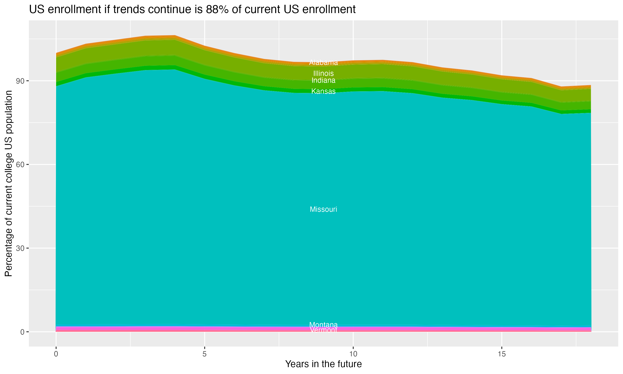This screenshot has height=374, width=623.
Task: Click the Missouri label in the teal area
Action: click(x=323, y=209)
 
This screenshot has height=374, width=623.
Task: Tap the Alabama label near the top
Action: click(x=323, y=63)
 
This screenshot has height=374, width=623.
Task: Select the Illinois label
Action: click(x=323, y=74)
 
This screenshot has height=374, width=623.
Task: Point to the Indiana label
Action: click(x=323, y=81)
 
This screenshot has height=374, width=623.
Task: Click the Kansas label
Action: click(x=323, y=91)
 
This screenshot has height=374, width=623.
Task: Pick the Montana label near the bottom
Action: click(x=323, y=325)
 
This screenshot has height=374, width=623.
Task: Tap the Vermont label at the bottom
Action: click(x=323, y=330)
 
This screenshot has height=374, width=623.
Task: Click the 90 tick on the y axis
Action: click(x=20, y=81)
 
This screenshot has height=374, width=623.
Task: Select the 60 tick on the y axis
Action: click(x=20, y=165)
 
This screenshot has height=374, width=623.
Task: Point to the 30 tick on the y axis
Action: click(x=20, y=249)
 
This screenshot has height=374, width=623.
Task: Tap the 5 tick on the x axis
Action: click(x=205, y=354)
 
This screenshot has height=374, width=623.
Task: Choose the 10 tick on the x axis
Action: click(x=353, y=354)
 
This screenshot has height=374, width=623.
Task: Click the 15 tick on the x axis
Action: click(x=502, y=354)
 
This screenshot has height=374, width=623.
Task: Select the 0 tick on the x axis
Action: click(x=56, y=354)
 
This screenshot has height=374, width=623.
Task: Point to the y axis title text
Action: click(x=9, y=183)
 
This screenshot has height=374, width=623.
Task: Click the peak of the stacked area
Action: click(x=175, y=36)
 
